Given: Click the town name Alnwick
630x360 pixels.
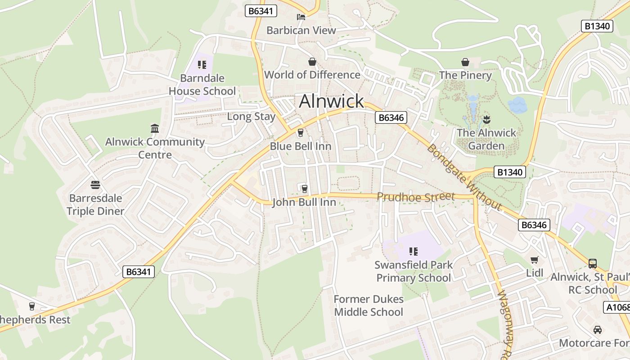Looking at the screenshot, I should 331,101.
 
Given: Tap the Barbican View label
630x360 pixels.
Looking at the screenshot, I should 301,30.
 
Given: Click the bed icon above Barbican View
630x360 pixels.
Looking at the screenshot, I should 301,17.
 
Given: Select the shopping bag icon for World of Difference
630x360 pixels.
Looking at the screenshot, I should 312,62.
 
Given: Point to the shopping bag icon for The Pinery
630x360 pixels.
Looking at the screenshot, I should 465,62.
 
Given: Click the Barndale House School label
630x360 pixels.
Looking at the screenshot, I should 202,85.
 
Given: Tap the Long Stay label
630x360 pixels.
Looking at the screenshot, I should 251,117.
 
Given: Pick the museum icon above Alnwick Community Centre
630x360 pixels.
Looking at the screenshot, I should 155,129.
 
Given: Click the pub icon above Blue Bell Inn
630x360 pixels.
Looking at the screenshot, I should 301,133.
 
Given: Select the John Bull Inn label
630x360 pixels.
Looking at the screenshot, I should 304,202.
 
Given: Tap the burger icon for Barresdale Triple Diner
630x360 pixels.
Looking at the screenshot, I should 95,185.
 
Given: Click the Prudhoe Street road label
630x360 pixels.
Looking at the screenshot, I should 416,197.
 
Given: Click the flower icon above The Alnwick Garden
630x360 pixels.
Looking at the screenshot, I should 486,120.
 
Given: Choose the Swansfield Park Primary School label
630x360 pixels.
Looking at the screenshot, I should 414,271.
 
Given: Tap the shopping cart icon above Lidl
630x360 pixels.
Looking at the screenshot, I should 535,260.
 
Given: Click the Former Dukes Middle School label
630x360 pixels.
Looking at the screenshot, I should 369,306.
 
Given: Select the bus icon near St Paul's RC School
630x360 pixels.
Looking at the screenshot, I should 593,264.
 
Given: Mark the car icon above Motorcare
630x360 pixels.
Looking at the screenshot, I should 598,330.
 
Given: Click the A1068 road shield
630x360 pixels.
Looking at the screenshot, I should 617,307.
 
